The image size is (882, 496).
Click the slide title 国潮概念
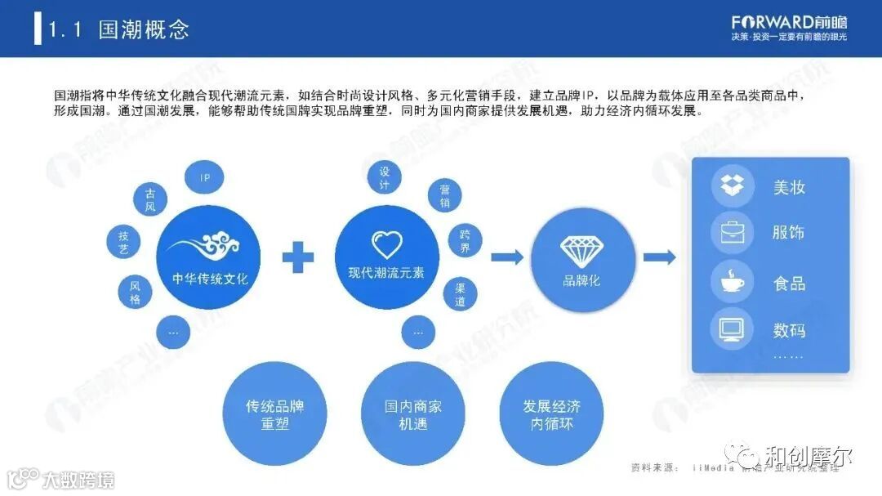144,30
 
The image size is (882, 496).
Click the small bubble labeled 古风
150,200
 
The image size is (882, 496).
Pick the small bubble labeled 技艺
123,243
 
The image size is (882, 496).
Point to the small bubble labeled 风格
135,292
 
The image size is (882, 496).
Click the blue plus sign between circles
298,257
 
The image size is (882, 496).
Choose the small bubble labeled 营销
445,196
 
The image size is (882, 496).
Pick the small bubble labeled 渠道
460,294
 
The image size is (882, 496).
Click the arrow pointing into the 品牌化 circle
507,257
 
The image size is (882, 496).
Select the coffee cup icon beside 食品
733,282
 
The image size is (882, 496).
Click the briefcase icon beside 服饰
733,233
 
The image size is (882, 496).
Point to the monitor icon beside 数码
733,329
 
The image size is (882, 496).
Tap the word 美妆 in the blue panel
789,187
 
